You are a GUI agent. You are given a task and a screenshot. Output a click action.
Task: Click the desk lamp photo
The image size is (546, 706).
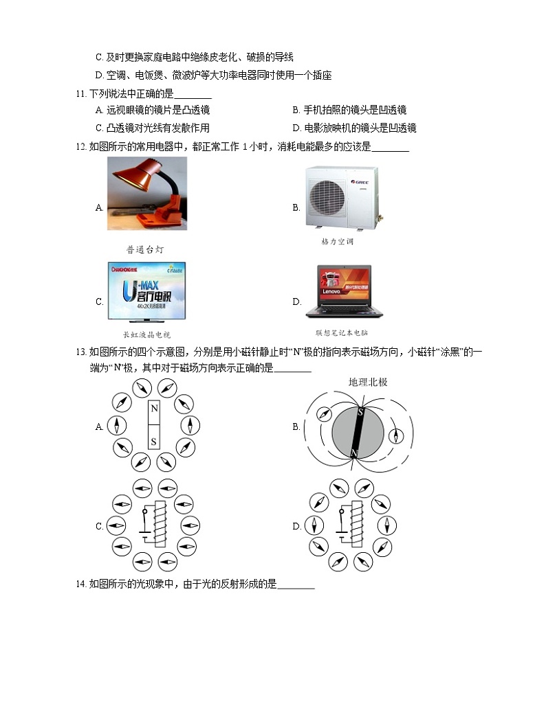(x=146, y=194)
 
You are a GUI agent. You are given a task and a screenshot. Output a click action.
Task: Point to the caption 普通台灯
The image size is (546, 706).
(x=145, y=250)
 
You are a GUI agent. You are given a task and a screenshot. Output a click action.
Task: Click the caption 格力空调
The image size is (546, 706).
(x=337, y=242)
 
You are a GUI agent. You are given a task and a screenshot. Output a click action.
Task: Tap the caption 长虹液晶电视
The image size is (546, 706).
(x=146, y=334)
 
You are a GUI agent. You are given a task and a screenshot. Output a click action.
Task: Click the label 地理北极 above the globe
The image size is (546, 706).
(x=368, y=382)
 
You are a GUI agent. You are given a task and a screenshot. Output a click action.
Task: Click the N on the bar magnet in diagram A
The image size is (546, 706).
(x=154, y=409)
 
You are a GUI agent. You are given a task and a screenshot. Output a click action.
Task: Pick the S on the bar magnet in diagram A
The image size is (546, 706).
(x=154, y=441)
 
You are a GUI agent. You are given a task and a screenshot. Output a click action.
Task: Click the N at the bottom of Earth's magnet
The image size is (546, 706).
(x=354, y=453)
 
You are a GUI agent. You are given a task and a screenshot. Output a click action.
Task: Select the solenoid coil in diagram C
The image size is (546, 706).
(x=161, y=525)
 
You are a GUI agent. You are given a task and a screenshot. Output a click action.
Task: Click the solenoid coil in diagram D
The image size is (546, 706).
(x=356, y=525)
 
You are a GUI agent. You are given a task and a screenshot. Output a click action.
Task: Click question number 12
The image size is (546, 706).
(x=82, y=146)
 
